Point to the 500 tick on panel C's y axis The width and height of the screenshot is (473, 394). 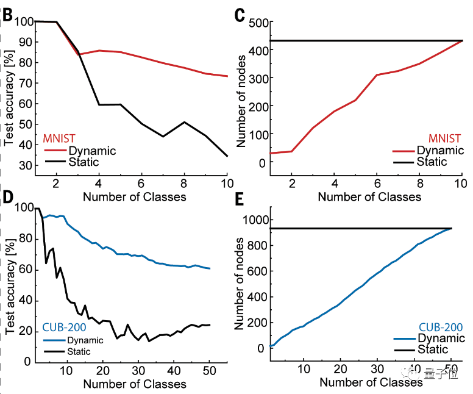click(x=256, y=23)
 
